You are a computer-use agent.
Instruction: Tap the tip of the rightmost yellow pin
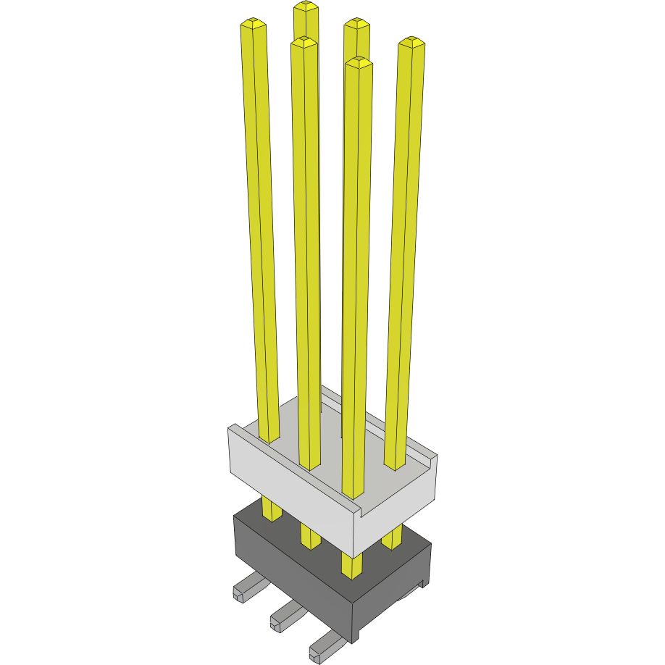point(411,42)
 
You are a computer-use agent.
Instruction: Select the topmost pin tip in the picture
point(306,7)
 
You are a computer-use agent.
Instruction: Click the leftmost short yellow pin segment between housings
point(272,509)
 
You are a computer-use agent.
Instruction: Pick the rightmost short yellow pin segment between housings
point(392,538)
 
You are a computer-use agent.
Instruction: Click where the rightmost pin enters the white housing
point(396,464)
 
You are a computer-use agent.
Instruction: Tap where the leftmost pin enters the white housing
point(269,438)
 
